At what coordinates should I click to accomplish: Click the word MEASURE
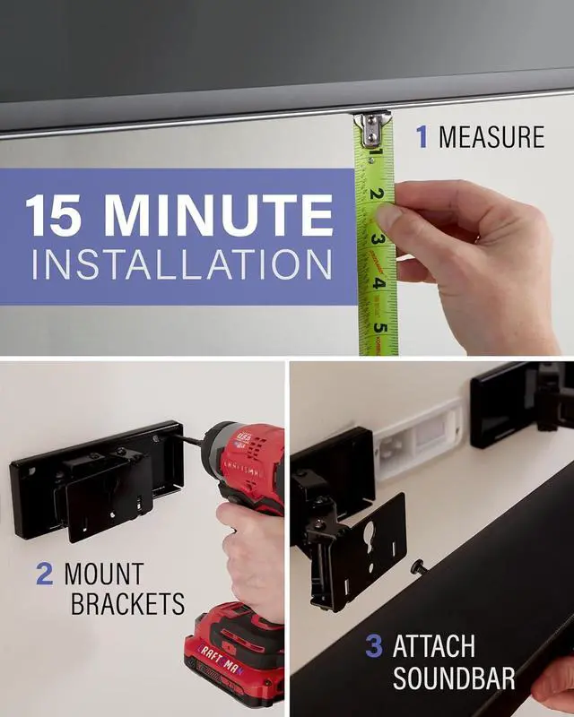(491, 137)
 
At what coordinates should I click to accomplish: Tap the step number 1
(422, 137)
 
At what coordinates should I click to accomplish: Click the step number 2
(44, 574)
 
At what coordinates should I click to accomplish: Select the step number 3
(374, 646)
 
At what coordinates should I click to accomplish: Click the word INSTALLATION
(178, 266)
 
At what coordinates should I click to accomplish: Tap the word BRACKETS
(127, 604)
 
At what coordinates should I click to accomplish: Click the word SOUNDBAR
(454, 678)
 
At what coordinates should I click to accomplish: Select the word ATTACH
(434, 646)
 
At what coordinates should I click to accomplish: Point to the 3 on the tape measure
(378, 239)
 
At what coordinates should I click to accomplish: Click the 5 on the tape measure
(380, 327)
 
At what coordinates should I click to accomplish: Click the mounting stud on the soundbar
(418, 566)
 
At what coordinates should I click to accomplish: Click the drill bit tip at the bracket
(179, 439)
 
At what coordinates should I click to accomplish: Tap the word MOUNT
(103, 574)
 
